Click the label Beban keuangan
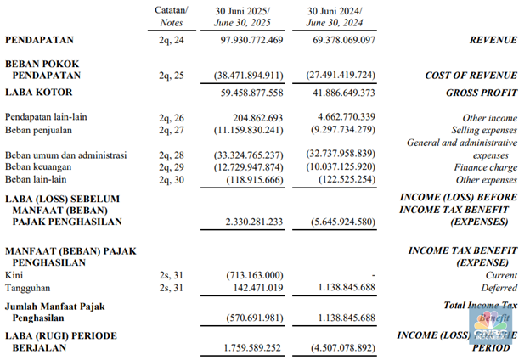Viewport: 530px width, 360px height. pos(39,168)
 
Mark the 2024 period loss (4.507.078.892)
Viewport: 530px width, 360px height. pos(340,347)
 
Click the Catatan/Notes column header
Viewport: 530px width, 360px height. pos(172,15)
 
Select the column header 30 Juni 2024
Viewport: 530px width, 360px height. pos(339,9)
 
